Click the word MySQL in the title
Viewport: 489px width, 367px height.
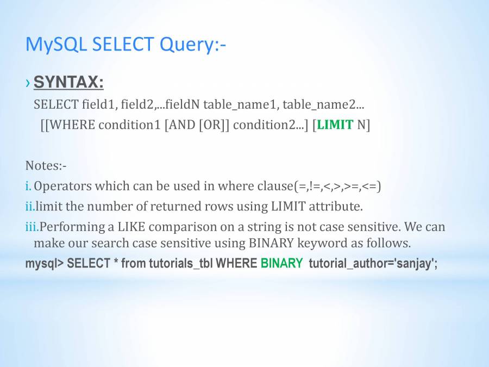click(56, 45)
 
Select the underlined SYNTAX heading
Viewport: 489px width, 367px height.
click(68, 82)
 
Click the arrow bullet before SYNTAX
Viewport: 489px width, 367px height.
click(28, 83)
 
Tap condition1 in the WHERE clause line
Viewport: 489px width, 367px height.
click(129, 125)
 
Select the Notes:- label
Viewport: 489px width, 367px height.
click(46, 165)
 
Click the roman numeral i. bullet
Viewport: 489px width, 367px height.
click(28, 186)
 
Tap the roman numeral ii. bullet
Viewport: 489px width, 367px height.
click(30, 206)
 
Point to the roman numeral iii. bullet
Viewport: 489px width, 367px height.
click(32, 227)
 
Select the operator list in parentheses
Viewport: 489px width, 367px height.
click(338, 186)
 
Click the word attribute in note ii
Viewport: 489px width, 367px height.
click(336, 206)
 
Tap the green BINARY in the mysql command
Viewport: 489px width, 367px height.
click(281, 263)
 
